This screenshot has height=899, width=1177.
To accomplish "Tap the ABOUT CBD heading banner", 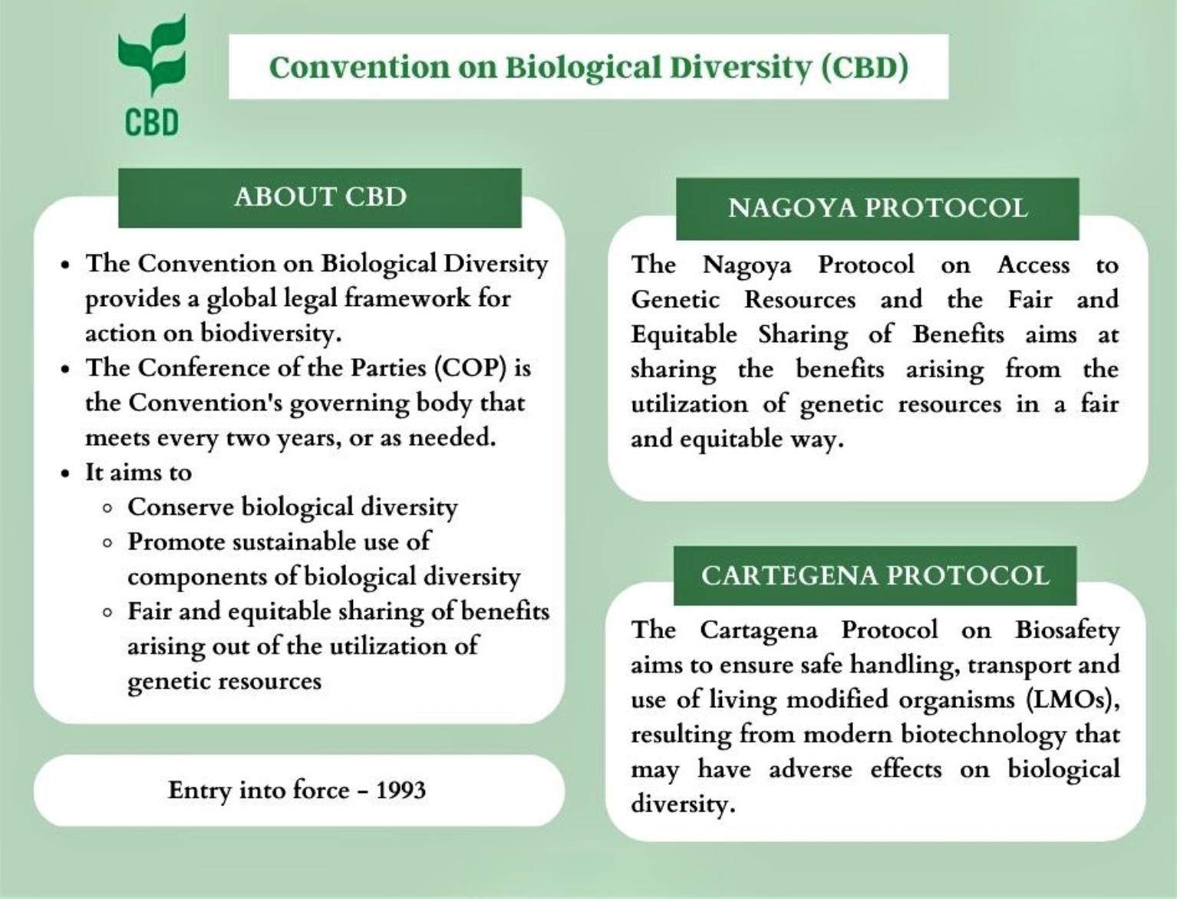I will coord(320,197).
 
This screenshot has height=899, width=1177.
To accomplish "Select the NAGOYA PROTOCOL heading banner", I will coord(877,208).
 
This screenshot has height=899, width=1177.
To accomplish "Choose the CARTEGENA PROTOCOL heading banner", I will coord(875,575).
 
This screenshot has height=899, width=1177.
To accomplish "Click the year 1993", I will coord(401,790).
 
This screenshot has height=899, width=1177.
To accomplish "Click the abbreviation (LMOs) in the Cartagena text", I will coord(1071,700).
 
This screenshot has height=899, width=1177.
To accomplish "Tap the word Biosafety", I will coord(1067,630).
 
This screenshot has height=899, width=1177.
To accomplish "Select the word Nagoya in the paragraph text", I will coord(747,265).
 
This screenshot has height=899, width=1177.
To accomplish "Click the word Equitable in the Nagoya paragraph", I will coord(684,335).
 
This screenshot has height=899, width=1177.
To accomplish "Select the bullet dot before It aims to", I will coord(66,473).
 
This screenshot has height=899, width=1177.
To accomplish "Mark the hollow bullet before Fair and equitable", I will coord(108,613).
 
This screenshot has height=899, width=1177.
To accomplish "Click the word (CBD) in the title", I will coord(865,67).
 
